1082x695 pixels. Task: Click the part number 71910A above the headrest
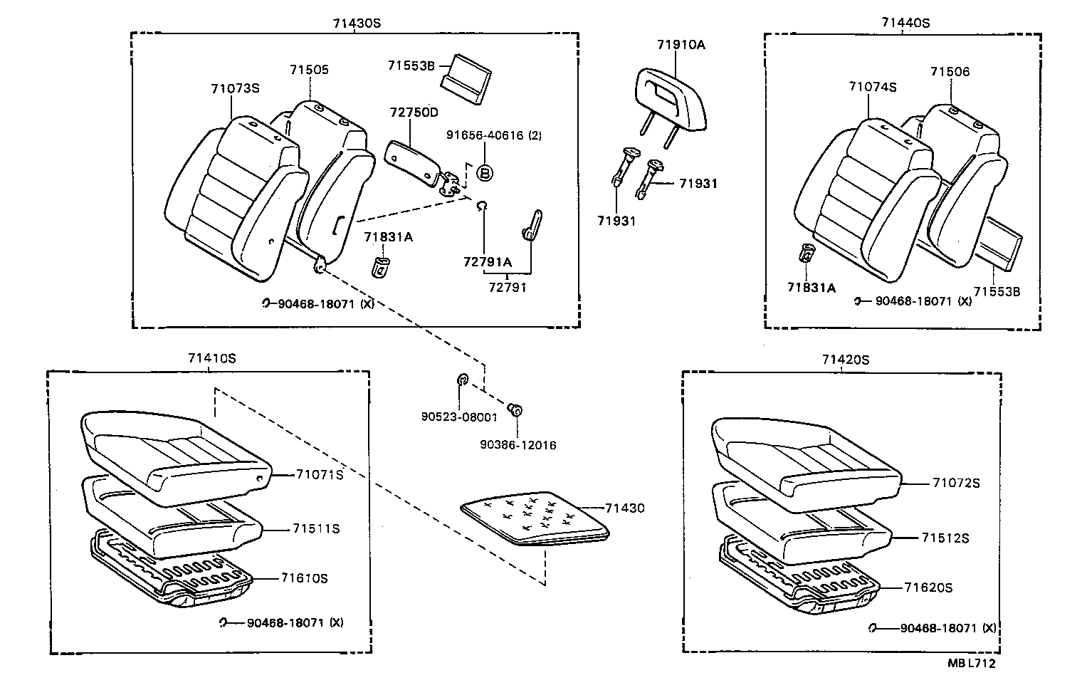pos(681,45)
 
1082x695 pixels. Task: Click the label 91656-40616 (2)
pos(493,135)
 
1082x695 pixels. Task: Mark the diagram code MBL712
pos(971,663)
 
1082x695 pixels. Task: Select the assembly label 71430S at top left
pos(357,23)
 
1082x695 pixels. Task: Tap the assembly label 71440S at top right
pos(905,23)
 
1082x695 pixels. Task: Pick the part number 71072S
pos(956,483)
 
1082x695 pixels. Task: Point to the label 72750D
pos(414,113)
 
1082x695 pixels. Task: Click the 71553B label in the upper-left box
pos(411,65)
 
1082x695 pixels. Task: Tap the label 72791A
pos(487,262)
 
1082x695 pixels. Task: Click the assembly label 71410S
pos(211,358)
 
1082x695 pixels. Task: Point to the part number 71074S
pos(872,87)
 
